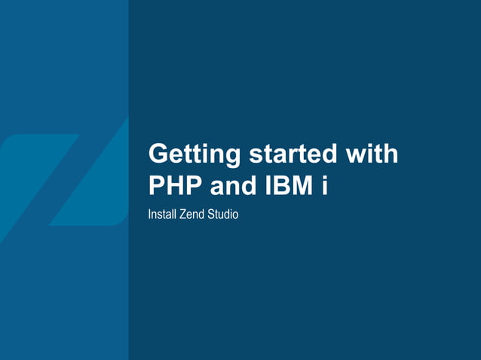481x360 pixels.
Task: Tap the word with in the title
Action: [371, 154]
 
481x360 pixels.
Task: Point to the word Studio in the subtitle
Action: [223, 215]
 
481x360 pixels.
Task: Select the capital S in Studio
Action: [210, 215]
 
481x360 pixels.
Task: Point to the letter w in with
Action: [354, 154]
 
